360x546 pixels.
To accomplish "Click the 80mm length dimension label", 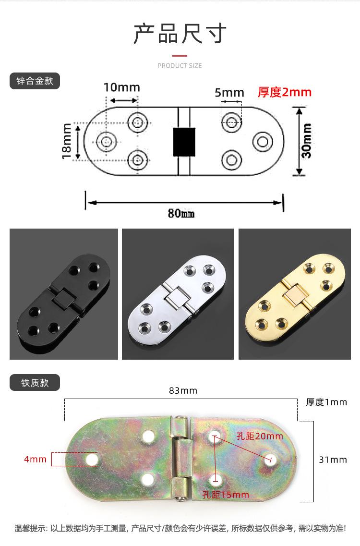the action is pyautogui.click(x=181, y=213).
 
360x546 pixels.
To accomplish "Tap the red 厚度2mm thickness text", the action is pyautogui.click(x=285, y=92).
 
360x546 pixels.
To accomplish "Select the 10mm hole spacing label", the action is pyautogui.click(x=122, y=87).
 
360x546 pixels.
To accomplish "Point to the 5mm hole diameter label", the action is pyautogui.click(x=229, y=93).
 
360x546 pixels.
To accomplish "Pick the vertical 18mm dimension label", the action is pyautogui.click(x=66, y=141).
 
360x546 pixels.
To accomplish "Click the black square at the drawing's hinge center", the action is pyautogui.click(x=184, y=142).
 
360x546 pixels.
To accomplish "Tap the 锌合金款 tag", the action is pyautogui.click(x=35, y=81).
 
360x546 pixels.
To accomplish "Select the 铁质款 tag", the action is pyautogui.click(x=35, y=383).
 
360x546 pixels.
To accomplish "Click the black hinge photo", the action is pyautogui.click(x=64, y=294).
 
